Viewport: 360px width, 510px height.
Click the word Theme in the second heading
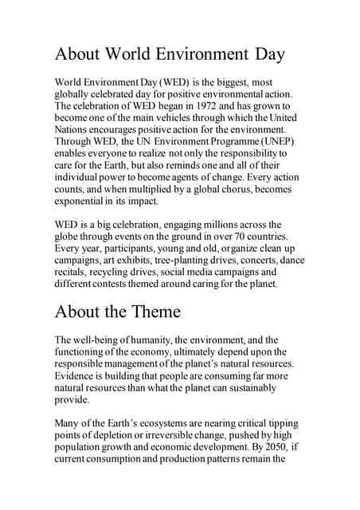(152, 310)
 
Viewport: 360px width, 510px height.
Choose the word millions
(213, 224)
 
